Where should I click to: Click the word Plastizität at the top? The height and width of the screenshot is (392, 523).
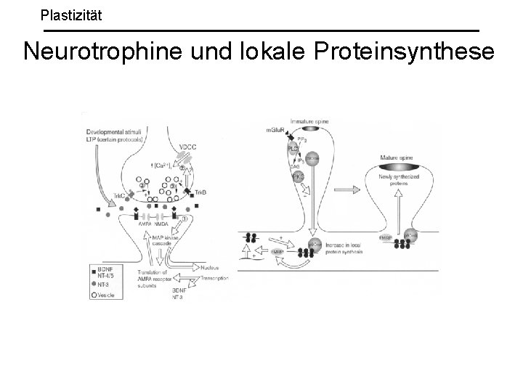tap(71, 14)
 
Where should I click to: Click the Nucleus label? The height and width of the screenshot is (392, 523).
tap(211, 267)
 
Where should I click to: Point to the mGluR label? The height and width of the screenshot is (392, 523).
tap(277, 131)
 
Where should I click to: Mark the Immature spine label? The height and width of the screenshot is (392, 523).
tap(309, 121)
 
